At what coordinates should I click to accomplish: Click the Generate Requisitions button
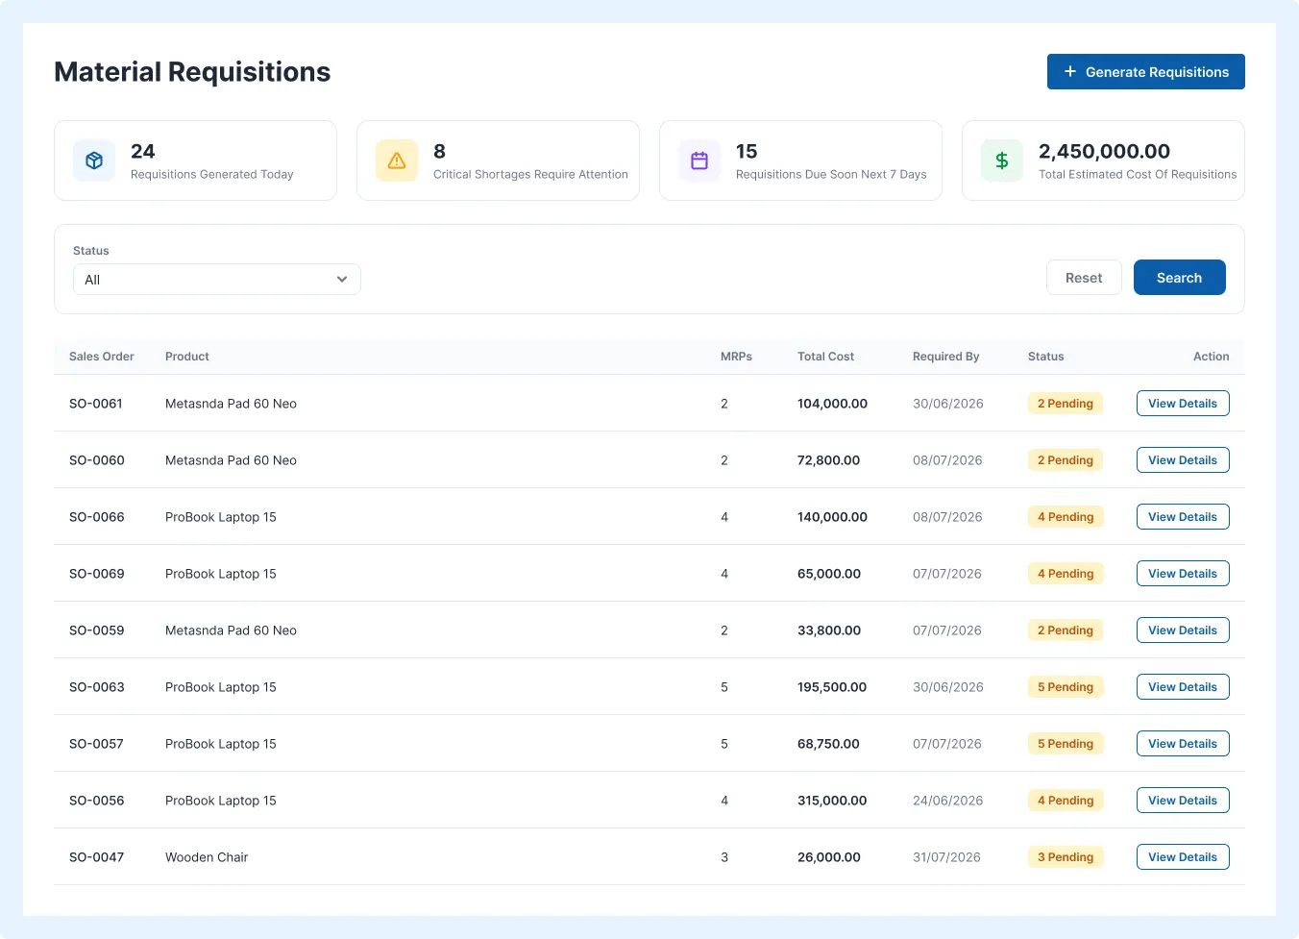pyautogui.click(x=1145, y=72)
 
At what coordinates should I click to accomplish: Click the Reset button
pyautogui.click(x=1083, y=278)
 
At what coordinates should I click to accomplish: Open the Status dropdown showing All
pyautogui.click(x=217, y=280)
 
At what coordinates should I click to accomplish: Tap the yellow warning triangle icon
pyautogui.click(x=397, y=161)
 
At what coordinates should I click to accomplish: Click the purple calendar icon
pyautogui.click(x=699, y=161)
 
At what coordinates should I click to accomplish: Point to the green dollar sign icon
pyautogui.click(x=1001, y=161)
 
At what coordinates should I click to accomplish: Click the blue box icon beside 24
pyautogui.click(x=94, y=161)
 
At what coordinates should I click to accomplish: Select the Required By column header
pyautogui.click(x=945, y=357)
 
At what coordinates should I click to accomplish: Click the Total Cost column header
pyautogui.click(x=825, y=357)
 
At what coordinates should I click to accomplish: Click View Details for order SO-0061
pyautogui.click(x=1183, y=403)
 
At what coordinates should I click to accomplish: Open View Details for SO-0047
pyautogui.click(x=1183, y=856)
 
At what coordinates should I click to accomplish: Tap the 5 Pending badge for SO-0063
pyautogui.click(x=1066, y=686)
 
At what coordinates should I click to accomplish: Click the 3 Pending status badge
pyautogui.click(x=1066, y=856)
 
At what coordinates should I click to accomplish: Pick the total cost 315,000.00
pyautogui.click(x=832, y=801)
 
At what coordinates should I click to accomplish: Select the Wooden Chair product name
pyautogui.click(x=207, y=857)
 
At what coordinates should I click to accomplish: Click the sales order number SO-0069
pyautogui.click(x=97, y=574)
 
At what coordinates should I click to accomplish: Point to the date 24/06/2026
pyautogui.click(x=947, y=801)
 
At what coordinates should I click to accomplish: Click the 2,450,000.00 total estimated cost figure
pyautogui.click(x=1104, y=152)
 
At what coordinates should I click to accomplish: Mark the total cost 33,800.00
pyautogui.click(x=829, y=630)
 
